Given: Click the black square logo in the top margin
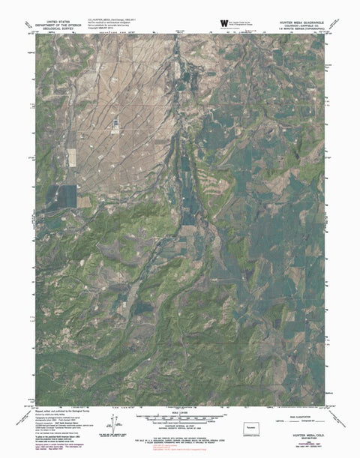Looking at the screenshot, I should (223, 22).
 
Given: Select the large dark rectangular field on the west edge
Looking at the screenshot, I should (63, 197).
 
